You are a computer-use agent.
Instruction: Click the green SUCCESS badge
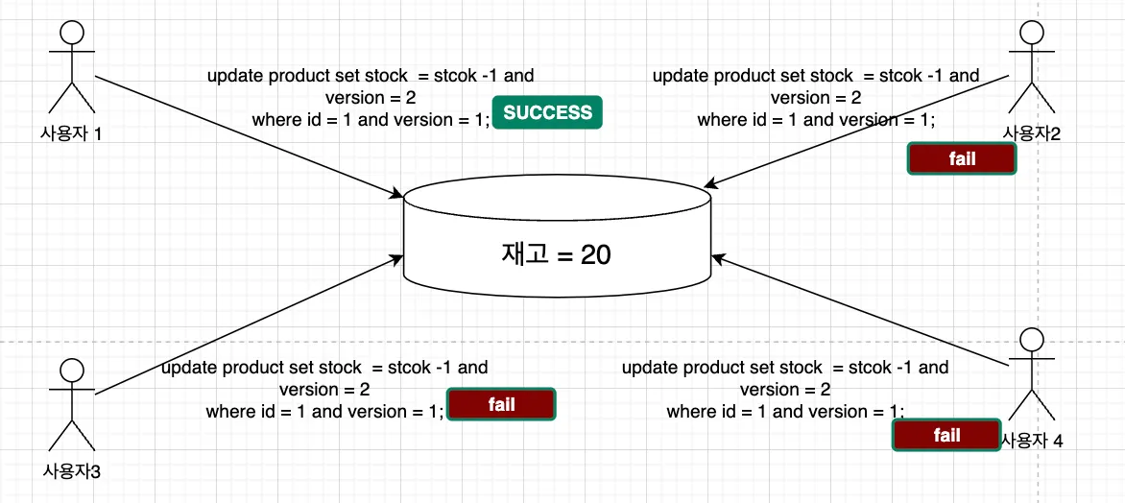coord(547,112)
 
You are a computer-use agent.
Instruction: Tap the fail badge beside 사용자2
coord(962,159)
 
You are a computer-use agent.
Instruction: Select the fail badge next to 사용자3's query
coord(501,404)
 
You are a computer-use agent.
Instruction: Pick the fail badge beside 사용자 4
coord(946,436)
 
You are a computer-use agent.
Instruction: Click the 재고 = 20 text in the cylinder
coord(556,254)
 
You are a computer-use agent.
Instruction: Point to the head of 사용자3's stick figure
coord(71,370)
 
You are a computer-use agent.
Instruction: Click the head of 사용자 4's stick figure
coord(1031,339)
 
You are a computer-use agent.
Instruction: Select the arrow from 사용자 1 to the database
coord(250,136)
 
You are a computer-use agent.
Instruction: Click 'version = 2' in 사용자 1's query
coord(371,98)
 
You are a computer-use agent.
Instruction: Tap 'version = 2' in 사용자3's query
coord(324,390)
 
